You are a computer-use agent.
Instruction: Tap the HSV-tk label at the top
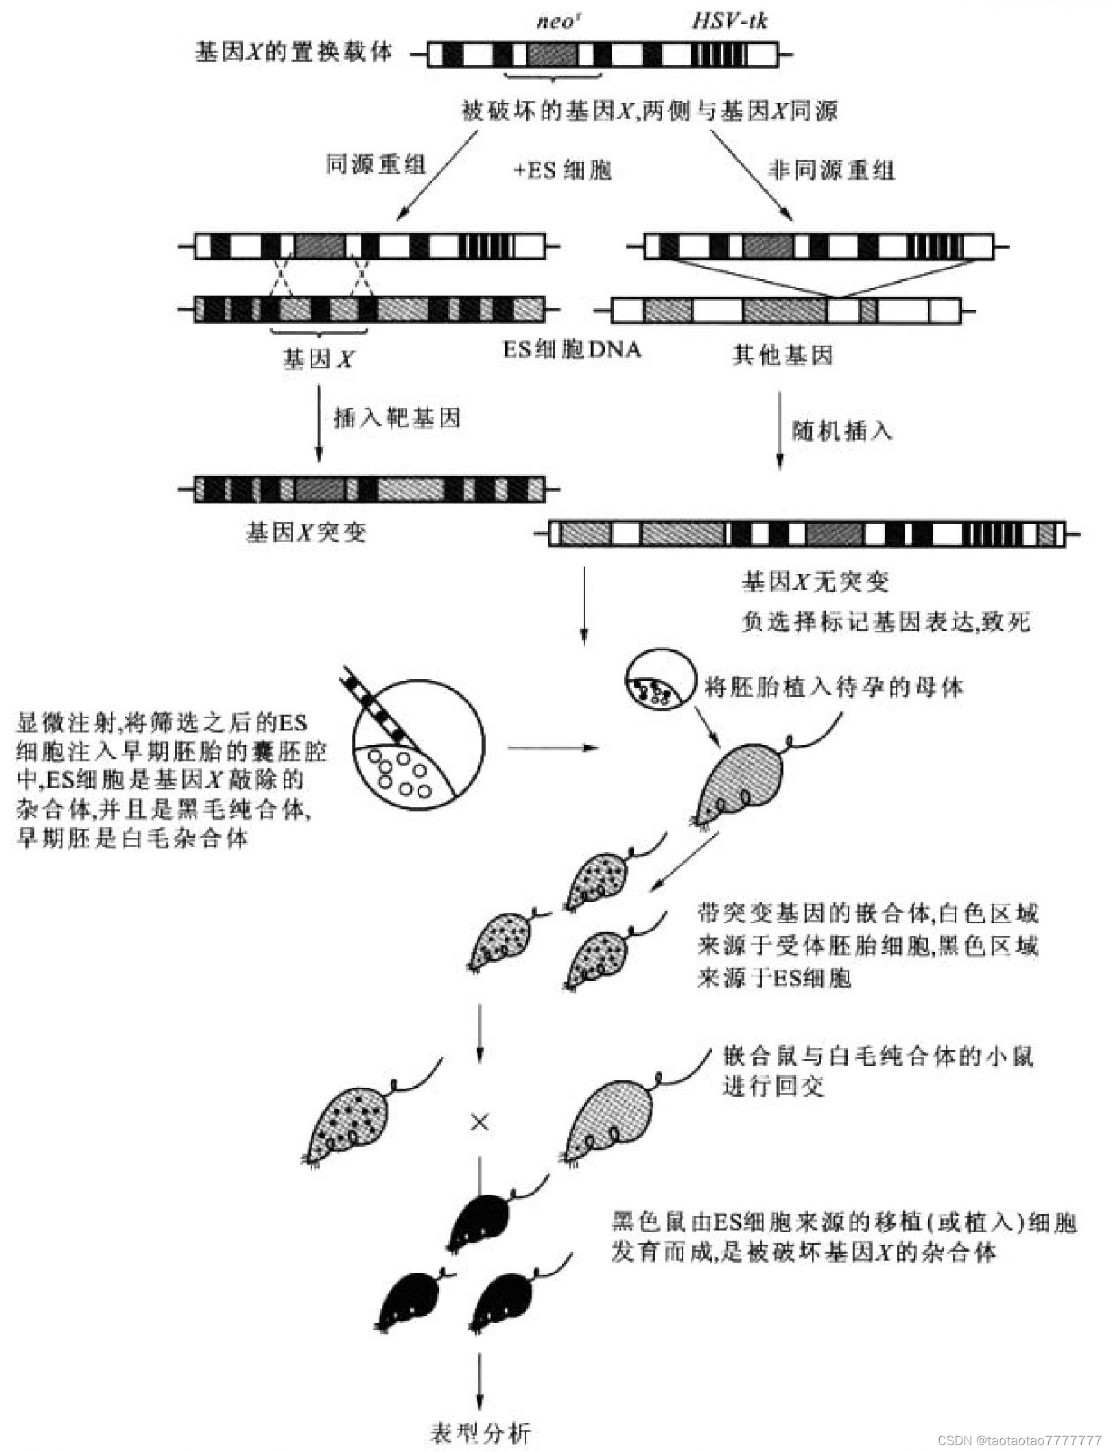729,21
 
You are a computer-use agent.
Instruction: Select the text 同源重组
375,165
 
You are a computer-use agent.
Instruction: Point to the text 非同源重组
831,169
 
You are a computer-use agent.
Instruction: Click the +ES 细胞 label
562,170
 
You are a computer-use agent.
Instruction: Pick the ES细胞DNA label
571,350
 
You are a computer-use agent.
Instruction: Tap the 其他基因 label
782,355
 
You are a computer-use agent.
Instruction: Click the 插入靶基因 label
397,418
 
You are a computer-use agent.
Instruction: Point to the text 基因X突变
306,532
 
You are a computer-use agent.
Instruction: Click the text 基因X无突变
815,582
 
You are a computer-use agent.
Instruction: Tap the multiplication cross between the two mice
480,1123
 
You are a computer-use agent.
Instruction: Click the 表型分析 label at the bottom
480,1432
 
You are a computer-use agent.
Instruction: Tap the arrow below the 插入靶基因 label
318,422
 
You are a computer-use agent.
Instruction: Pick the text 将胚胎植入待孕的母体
833,687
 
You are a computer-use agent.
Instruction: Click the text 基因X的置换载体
294,51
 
